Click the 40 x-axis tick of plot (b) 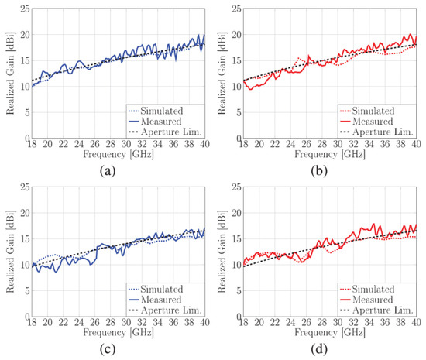tap(417, 144)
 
